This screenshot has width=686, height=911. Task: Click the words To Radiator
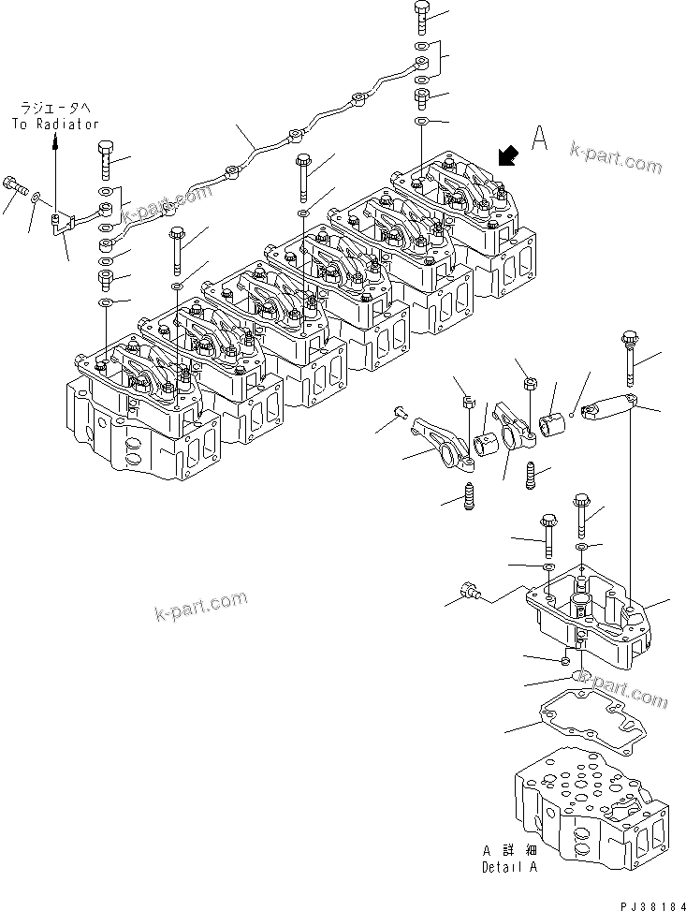click(55, 124)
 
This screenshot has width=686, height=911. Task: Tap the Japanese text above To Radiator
click(55, 109)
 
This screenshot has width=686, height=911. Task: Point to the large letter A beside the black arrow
click(539, 138)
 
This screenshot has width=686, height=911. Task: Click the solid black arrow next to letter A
click(509, 154)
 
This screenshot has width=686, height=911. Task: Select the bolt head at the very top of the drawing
click(422, 15)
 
